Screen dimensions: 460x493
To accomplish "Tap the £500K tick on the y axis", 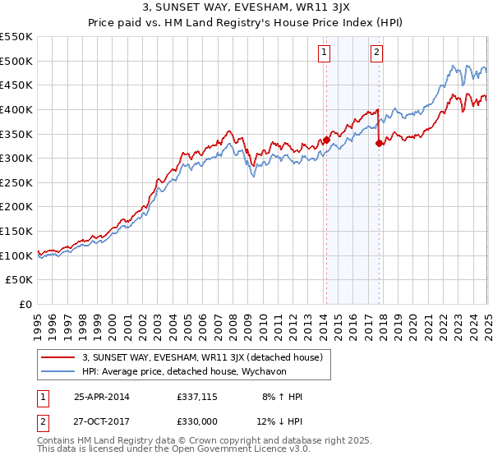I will point(16,61).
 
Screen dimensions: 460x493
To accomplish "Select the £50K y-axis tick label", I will point(20,280).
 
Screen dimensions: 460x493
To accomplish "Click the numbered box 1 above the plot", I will point(325,53).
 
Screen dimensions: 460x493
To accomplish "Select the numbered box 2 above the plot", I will point(376,53).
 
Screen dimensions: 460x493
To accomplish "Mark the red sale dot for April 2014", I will point(326,140).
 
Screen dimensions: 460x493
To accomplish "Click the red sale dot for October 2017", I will point(379,144).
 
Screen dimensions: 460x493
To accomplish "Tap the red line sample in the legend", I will point(58,357).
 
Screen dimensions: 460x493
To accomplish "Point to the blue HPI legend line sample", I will point(58,371).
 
